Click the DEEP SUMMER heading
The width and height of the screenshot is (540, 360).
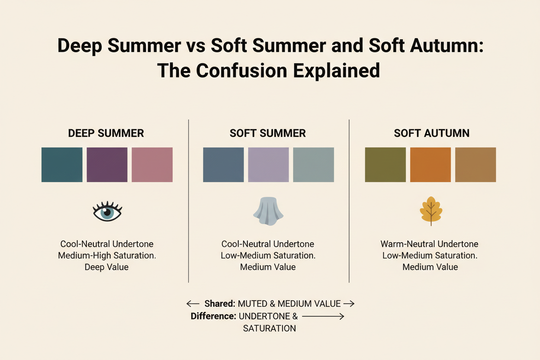pyautogui.click(x=106, y=133)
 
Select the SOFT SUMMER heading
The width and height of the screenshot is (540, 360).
pyautogui.click(x=268, y=133)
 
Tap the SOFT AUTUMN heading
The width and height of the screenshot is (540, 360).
pyautogui.click(x=431, y=133)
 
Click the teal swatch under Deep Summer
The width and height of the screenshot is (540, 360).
pyautogui.click(x=62, y=164)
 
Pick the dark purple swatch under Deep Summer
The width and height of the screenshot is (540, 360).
pyautogui.click(x=107, y=164)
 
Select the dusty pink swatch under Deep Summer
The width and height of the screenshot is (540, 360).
pyautogui.click(x=152, y=164)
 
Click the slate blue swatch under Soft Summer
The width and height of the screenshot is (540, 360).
pyautogui.click(x=223, y=164)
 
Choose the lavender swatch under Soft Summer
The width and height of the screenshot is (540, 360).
pyautogui.click(x=268, y=164)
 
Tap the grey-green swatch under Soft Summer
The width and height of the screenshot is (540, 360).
pyautogui.click(x=313, y=164)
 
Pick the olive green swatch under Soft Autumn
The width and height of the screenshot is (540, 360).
pyautogui.click(x=386, y=164)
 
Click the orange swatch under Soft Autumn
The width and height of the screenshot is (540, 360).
pyautogui.click(x=431, y=164)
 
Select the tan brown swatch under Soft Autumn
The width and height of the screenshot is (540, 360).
pyautogui.click(x=476, y=164)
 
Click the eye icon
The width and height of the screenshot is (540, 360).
pyautogui.click(x=107, y=212)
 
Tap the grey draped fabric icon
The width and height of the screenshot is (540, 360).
pyautogui.click(x=268, y=211)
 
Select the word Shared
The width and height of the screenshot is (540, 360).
pyautogui.click(x=220, y=304)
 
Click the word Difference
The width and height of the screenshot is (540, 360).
pyautogui.click(x=213, y=316)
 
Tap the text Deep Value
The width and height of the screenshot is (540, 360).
pyautogui.click(x=106, y=267)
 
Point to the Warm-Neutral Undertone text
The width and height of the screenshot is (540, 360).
pyautogui.click(x=429, y=244)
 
